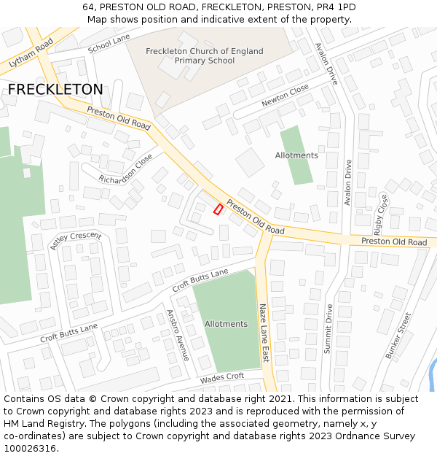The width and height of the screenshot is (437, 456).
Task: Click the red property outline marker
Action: pyautogui.click(x=218, y=209)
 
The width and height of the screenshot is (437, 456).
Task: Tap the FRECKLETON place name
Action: pyautogui.click(x=55, y=89)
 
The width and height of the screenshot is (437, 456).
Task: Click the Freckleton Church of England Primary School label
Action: pyautogui.click(x=205, y=55)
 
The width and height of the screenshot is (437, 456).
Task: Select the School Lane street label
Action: pyautogui.click(x=109, y=44)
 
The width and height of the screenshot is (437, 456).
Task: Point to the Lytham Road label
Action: pyautogui.click(x=31, y=53)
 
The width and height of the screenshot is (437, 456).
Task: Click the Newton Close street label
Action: pyautogui.click(x=285, y=96)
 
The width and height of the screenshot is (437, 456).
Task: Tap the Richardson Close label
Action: pyautogui.click(x=126, y=169)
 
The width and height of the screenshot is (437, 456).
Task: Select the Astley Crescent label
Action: pyautogui.click(x=75, y=241)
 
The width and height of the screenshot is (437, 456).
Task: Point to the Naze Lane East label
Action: pyautogui.click(x=264, y=333)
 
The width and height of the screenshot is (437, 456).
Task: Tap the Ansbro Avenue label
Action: pyautogui.click(x=178, y=335)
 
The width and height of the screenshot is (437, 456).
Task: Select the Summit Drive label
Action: pyautogui.click(x=328, y=329)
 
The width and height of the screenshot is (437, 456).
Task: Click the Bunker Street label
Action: pyautogui.click(x=398, y=336)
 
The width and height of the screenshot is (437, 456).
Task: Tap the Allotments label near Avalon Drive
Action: pyautogui.click(x=296, y=155)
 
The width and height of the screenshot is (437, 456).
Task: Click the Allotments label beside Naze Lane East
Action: pyautogui.click(x=226, y=324)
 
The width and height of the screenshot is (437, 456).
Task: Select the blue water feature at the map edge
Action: pyautogui.click(x=433, y=376)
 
